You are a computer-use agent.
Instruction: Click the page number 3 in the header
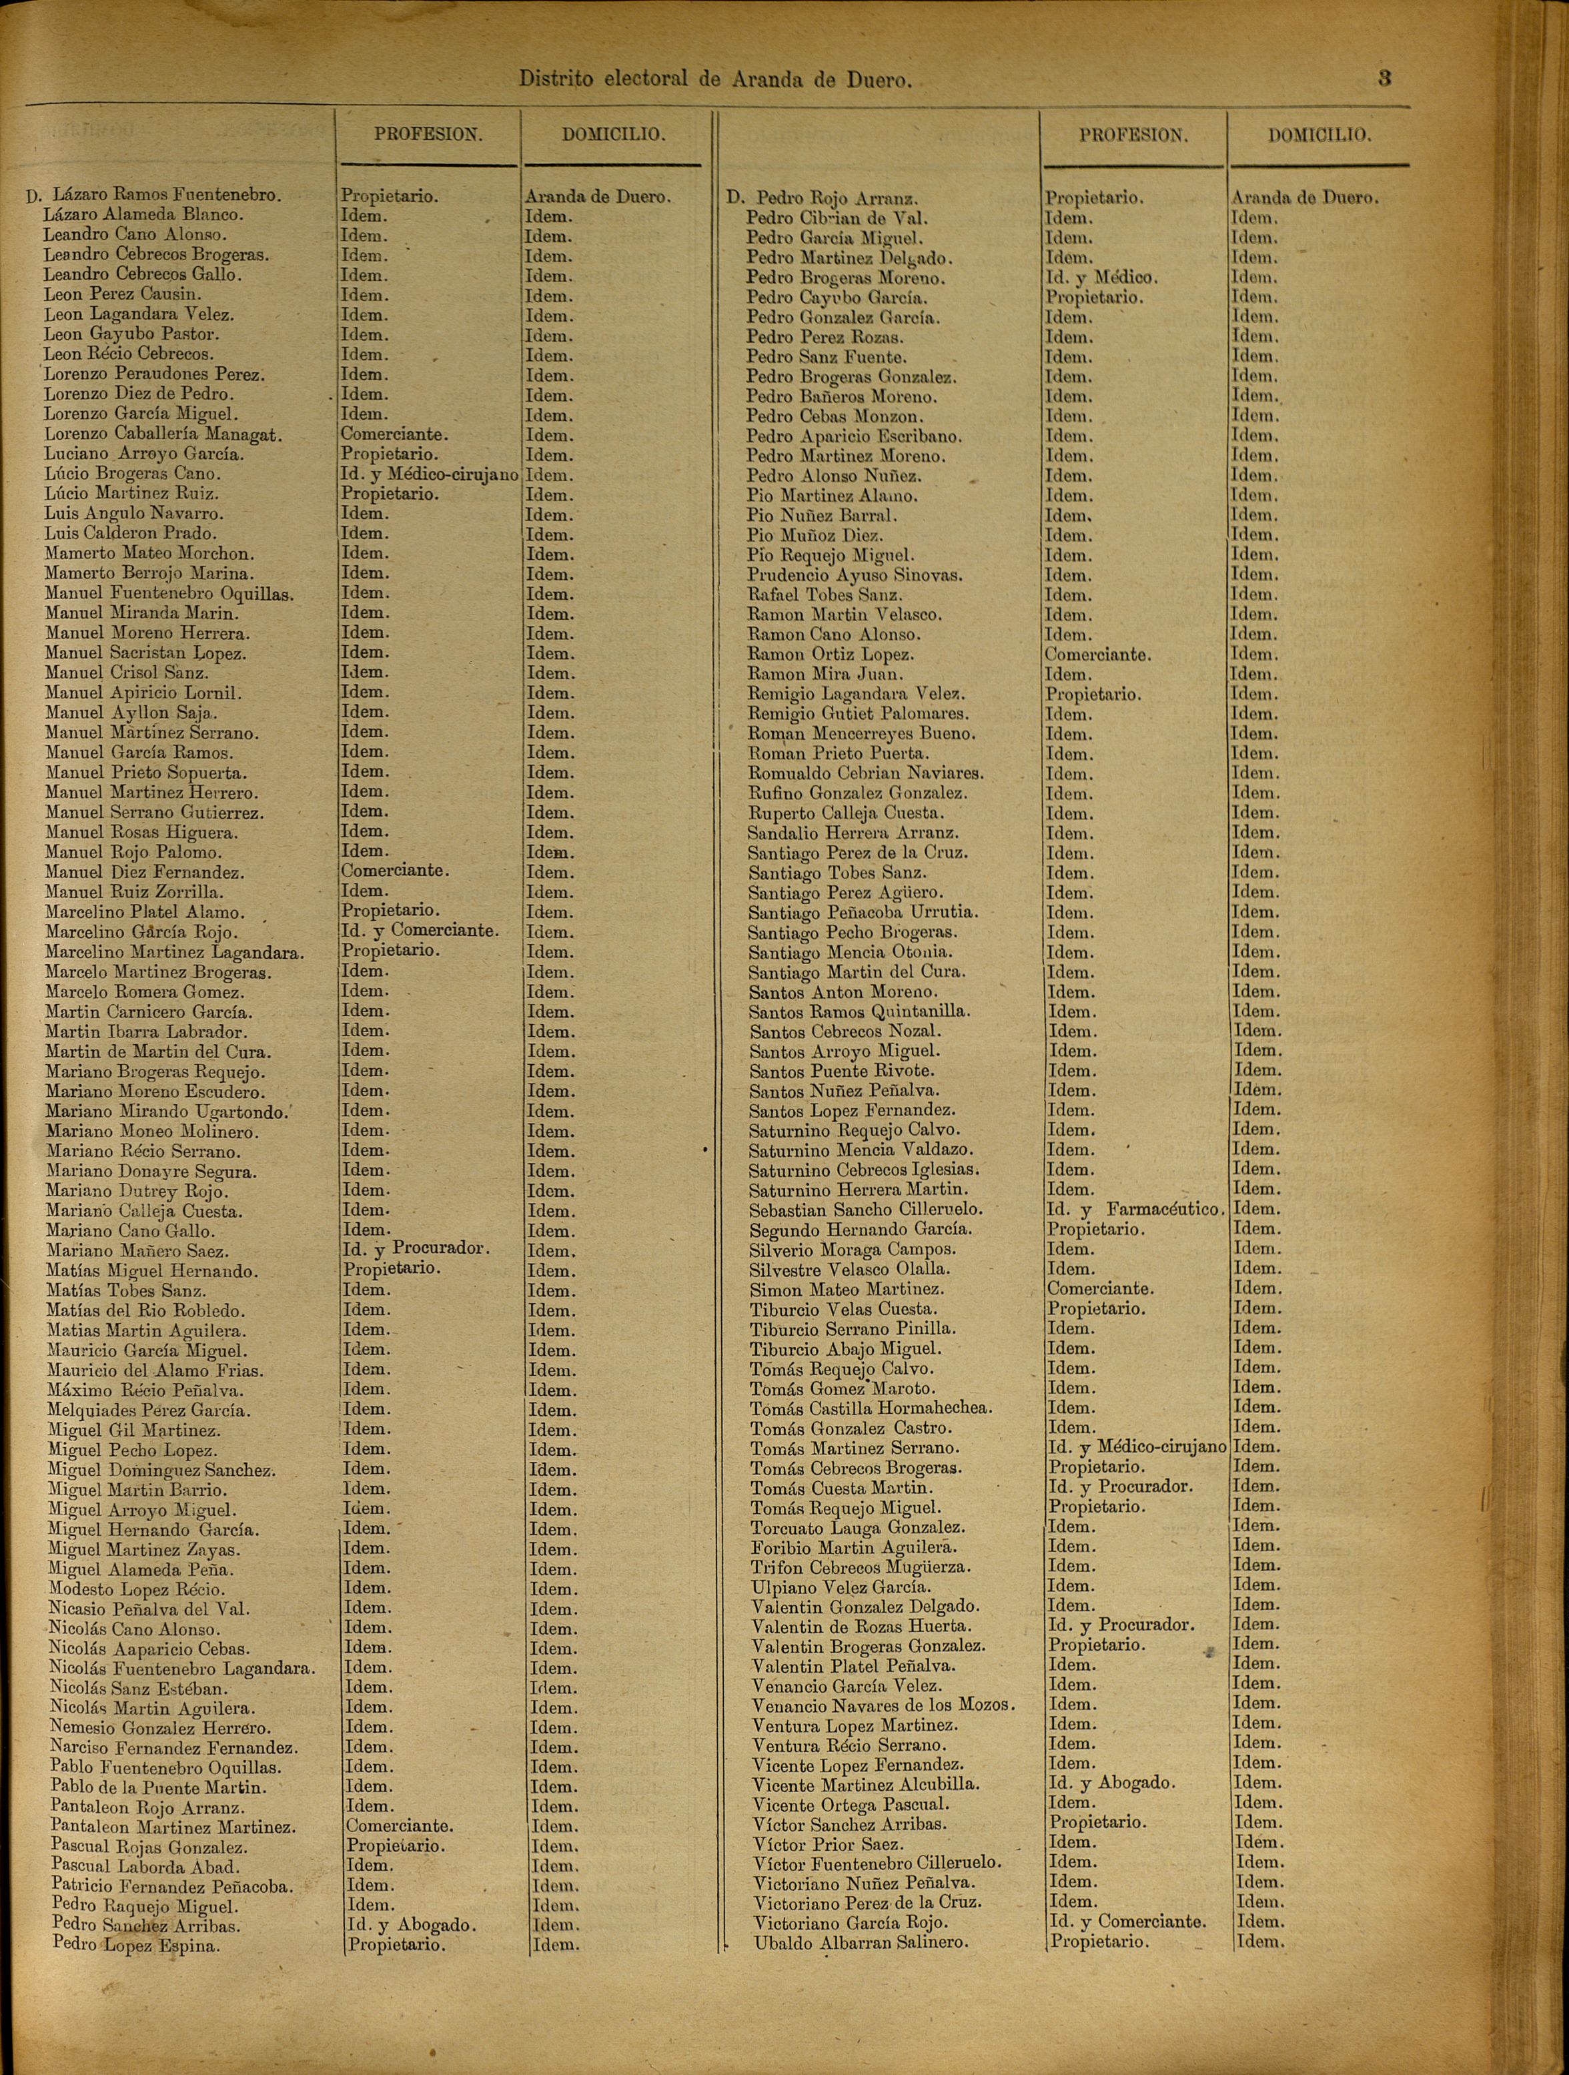(1384, 78)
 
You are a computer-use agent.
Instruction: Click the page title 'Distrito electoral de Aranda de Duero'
(716, 80)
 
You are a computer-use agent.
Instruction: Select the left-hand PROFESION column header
(428, 134)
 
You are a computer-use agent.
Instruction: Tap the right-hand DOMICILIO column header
(1320, 135)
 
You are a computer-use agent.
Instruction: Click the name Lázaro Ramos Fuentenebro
(166, 195)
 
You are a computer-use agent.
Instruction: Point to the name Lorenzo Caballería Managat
(163, 434)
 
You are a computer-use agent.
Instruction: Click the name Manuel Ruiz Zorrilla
(134, 892)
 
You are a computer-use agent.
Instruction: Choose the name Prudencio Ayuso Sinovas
(855, 575)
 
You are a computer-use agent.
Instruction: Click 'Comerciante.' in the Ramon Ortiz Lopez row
(1098, 655)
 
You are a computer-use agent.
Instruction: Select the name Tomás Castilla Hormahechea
(871, 1408)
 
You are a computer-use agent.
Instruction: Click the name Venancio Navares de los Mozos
(883, 1705)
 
